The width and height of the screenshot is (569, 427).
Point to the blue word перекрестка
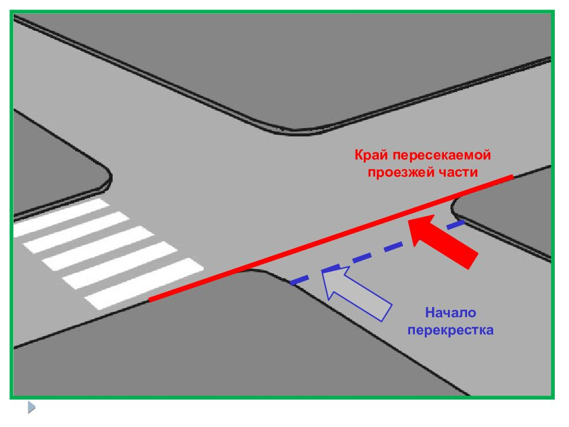coord(450,330)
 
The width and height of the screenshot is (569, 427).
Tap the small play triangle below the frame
coord(31,407)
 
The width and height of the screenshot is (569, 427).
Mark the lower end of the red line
coord(149,300)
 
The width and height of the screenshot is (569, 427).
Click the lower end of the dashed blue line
coord(290,283)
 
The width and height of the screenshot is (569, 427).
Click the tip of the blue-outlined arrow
coord(322,271)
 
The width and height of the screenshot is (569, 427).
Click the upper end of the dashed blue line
coord(465,222)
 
